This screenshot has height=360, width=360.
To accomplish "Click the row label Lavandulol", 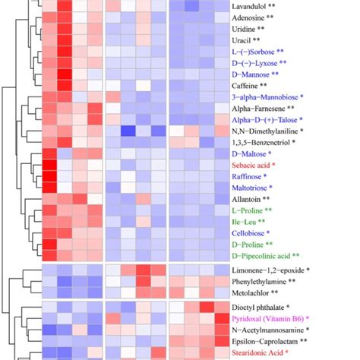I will (254, 5).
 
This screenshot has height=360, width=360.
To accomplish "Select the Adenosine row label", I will (254, 17).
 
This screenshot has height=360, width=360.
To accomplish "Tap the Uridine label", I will (250, 28).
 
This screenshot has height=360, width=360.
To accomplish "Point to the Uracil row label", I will (247, 39).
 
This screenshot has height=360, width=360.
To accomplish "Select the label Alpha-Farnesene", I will (261, 109).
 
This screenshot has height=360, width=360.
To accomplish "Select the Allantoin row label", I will (249, 198).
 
